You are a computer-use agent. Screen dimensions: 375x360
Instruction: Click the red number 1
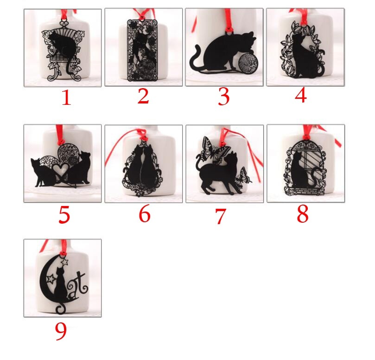click(x=66, y=98)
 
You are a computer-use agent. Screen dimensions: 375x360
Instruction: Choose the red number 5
click(x=64, y=215)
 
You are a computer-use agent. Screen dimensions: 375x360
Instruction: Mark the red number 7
click(x=221, y=216)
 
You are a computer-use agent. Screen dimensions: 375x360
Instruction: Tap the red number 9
click(x=61, y=331)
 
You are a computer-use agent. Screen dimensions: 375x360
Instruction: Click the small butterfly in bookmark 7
click(x=243, y=176)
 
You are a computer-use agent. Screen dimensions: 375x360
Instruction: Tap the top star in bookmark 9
click(x=65, y=261)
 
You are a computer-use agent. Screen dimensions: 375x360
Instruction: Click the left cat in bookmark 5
click(x=43, y=172)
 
